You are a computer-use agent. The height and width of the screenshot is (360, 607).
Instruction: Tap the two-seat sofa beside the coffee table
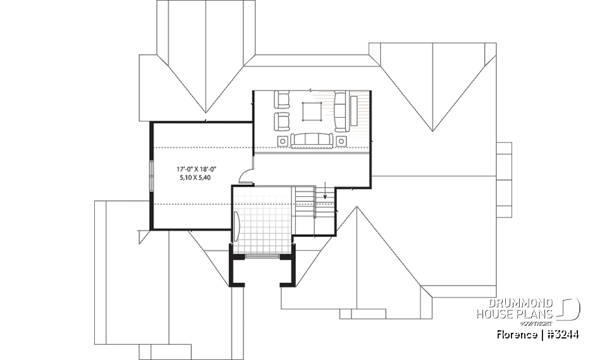[341, 109]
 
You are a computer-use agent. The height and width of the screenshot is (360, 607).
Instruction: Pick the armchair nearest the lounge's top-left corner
[281, 99]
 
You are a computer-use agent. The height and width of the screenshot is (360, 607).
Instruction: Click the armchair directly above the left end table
[281, 120]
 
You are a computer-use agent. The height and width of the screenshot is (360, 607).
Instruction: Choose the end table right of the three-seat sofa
[342, 140]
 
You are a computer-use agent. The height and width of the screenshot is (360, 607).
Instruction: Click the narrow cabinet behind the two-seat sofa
[354, 110]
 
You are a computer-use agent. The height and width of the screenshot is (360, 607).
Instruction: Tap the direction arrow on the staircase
[324, 189]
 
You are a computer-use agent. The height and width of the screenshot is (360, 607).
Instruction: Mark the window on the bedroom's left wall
[152, 174]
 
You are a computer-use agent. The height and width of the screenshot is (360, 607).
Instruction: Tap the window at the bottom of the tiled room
[262, 256]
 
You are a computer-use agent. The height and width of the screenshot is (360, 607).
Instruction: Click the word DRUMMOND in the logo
[517, 303]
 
